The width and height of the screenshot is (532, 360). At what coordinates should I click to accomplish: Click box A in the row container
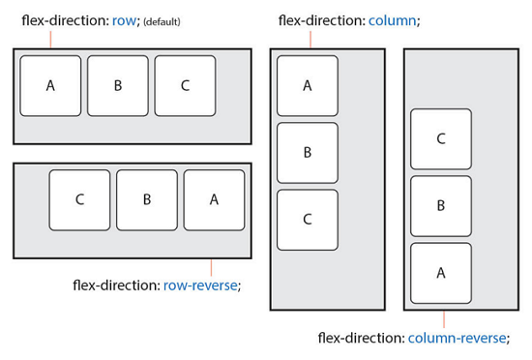point(50,85)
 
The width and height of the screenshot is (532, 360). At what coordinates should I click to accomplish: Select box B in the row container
point(118,85)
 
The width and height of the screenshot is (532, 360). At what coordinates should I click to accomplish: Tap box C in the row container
point(185,85)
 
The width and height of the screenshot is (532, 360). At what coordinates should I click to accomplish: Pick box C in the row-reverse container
point(79,200)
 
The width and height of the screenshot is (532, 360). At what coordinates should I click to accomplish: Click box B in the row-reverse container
point(147,200)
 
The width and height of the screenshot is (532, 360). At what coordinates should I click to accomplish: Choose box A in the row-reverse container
point(214,200)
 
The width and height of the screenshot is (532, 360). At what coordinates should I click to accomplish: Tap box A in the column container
point(308,85)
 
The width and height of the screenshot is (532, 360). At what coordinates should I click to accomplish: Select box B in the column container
point(308,152)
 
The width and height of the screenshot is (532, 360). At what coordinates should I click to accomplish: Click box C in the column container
point(308,219)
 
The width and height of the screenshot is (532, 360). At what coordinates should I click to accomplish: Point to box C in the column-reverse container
point(441,139)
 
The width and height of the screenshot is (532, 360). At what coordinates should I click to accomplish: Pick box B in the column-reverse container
point(441,206)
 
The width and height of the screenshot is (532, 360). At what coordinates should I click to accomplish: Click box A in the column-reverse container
point(441,273)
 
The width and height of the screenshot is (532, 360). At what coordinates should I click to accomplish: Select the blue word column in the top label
point(393,20)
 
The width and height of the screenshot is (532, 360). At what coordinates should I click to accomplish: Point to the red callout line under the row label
point(49,40)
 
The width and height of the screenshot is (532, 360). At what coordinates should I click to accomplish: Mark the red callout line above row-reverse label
point(211,266)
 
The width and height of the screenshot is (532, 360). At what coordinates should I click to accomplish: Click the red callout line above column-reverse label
point(444,318)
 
